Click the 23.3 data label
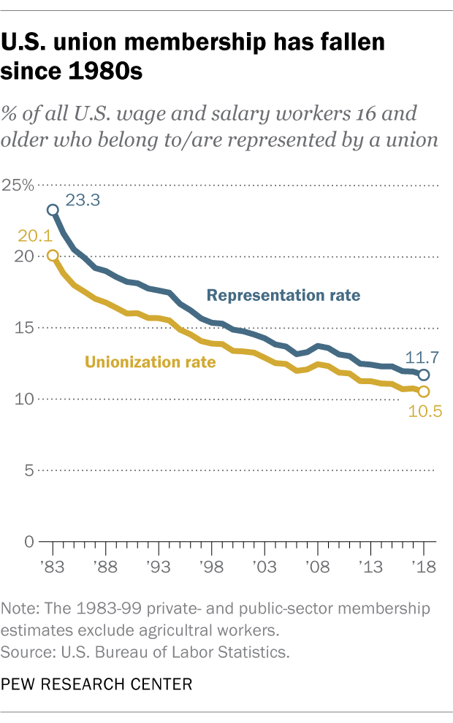pos(82,199)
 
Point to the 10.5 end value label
pos(422,413)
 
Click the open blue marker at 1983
pos(53,210)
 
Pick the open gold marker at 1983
pos(53,256)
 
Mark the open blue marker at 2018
pos(424,375)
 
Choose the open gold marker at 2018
pos(424,392)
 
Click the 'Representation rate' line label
pos(283,296)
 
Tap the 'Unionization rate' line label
pos(151,361)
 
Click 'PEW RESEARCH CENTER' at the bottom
pos(97,684)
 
